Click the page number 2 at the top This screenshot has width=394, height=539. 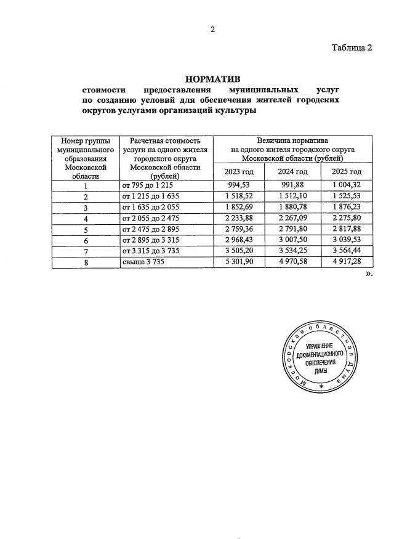click(212, 29)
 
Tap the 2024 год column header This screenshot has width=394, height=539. click(292, 172)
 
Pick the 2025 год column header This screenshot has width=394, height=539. click(347, 172)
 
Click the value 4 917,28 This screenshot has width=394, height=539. click(347, 262)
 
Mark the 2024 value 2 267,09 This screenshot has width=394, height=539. click(292, 218)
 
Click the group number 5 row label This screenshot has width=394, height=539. click(86, 229)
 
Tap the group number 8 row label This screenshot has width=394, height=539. click(86, 262)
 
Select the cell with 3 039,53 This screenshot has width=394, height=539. click(347, 240)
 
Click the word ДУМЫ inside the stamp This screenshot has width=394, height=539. click(320, 372)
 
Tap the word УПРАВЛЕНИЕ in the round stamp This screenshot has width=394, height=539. click(320, 347)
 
